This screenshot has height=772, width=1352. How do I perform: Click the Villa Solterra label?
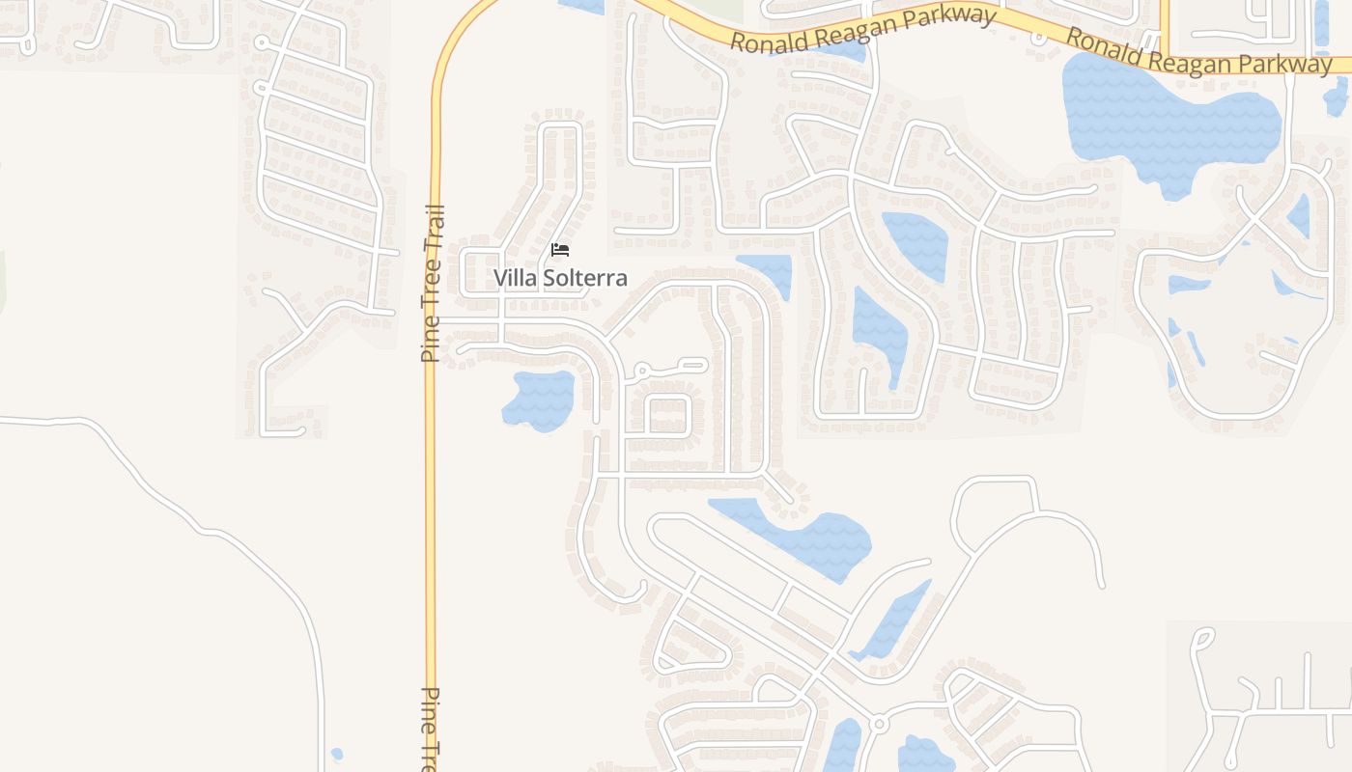tap(560, 278)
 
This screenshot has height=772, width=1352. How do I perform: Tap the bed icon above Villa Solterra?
tap(560, 250)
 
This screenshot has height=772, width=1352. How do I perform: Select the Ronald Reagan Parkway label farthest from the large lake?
tap(862, 30)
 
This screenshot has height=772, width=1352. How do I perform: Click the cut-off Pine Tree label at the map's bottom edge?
tap(432, 729)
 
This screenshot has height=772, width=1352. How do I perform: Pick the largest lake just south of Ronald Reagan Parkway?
tap(1169, 121)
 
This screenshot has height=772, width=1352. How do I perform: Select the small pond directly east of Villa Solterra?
tap(769, 273)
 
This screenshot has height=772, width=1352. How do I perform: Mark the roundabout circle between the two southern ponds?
tap(878, 724)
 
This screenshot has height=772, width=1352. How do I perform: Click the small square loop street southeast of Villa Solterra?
tap(667, 415)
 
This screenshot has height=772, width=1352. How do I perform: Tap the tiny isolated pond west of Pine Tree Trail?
tap(336, 754)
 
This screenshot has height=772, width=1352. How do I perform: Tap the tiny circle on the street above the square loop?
tap(640, 370)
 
